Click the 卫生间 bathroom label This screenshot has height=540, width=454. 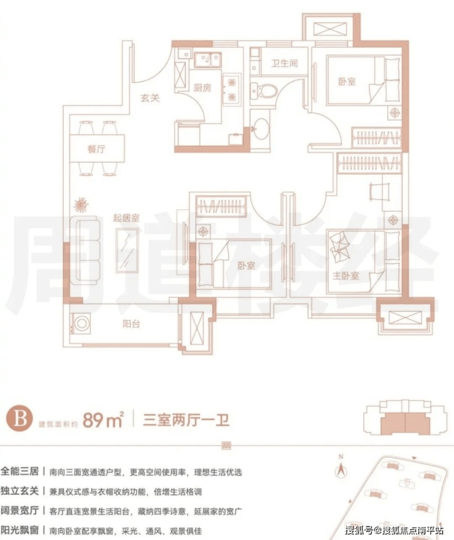pyautogui.click(x=285, y=63)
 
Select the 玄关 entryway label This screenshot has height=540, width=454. pyautogui.click(x=149, y=96)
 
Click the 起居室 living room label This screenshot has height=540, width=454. pyautogui.click(x=126, y=218)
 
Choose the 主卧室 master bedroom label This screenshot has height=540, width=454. pyautogui.click(x=347, y=276)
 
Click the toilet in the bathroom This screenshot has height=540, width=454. pyautogui.click(x=267, y=91)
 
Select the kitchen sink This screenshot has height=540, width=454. pyautogui.click(x=208, y=60)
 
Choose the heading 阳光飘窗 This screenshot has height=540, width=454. pyautogui.click(x=21, y=530)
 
